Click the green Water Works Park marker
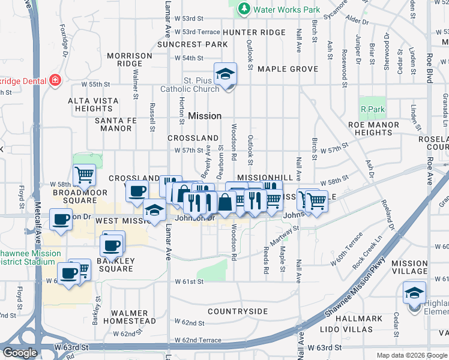coord(244,9)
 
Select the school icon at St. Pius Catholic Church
coord(226,74)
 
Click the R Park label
coord(372,109)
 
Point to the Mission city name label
coord(205,116)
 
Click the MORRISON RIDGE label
coord(130,59)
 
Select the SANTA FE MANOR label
coord(113,124)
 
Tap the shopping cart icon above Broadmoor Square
coord(85,175)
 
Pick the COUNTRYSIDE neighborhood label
coord(238,311)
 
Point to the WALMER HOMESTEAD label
coord(129,317)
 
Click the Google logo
coord(20,353)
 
